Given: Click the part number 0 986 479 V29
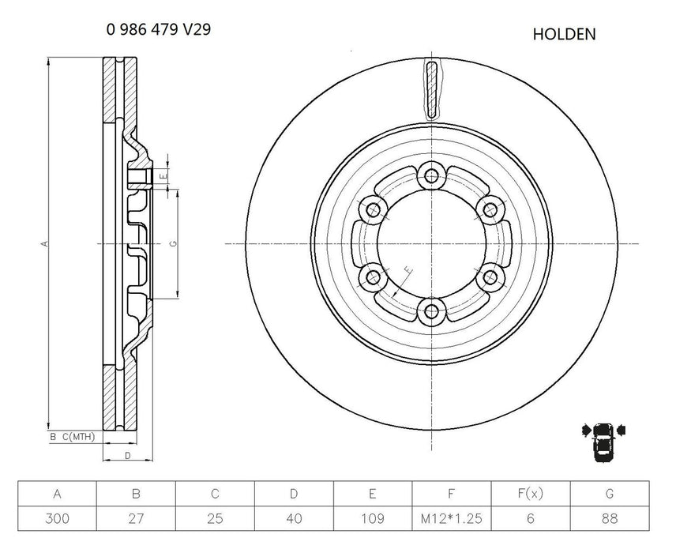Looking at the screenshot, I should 158,30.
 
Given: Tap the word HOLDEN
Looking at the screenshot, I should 564,34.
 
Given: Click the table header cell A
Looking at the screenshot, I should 57,495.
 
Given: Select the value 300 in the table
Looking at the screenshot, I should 57,518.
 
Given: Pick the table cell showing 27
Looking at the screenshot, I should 136,518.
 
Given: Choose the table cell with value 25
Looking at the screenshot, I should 215,518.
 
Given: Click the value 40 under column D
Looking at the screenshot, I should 294,518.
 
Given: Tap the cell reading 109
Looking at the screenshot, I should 373,518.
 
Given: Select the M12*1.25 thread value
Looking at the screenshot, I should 452,518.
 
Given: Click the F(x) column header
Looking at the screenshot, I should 531,495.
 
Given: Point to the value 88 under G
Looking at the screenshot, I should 610,518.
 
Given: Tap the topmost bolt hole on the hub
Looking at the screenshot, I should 431,175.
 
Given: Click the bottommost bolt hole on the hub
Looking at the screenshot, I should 431,311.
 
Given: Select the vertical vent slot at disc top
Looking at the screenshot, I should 430,88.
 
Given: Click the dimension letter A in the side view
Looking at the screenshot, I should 45,243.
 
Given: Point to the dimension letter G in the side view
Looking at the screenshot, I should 172,244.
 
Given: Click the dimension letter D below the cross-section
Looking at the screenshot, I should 127,456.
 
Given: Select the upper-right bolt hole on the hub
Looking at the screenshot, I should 490,209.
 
